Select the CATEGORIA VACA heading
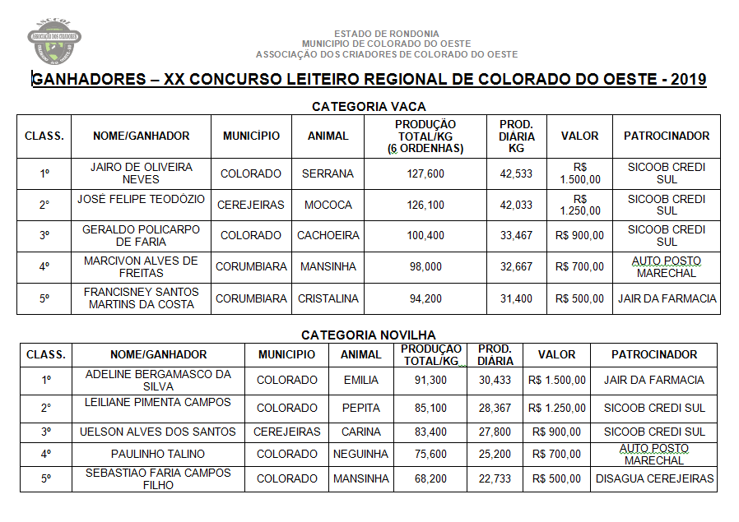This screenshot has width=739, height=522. click(x=369, y=107)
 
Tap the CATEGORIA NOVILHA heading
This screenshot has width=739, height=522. click(x=369, y=335)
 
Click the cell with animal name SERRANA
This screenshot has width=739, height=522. click(x=328, y=173)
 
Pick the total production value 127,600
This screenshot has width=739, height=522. click(x=425, y=173)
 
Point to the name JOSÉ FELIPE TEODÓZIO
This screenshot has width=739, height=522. click(x=142, y=199)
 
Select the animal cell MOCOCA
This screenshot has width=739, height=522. click(x=328, y=205)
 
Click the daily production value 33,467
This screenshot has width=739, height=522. click(x=516, y=235)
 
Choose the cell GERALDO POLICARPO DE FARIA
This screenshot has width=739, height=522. click(x=141, y=235)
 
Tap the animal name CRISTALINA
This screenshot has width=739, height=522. click(x=328, y=298)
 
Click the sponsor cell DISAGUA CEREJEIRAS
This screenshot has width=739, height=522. click(x=654, y=478)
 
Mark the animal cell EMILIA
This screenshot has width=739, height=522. click(x=361, y=380)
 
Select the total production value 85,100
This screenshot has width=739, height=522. click(x=430, y=408)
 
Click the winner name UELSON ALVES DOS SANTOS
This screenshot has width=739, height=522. click(x=157, y=432)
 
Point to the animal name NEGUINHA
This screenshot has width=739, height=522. click(x=360, y=454)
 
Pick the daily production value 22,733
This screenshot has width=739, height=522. click(x=495, y=478)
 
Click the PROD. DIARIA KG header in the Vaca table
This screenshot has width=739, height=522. click(x=516, y=136)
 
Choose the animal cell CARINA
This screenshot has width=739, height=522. click(x=361, y=432)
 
